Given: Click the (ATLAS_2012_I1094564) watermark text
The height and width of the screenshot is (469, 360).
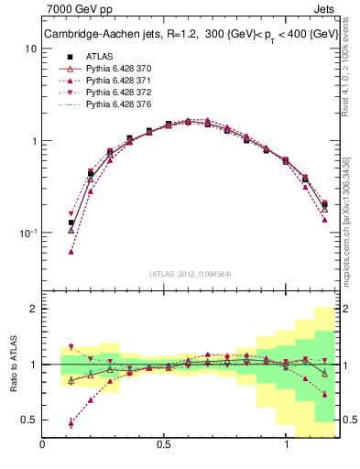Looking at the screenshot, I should [x=191, y=273].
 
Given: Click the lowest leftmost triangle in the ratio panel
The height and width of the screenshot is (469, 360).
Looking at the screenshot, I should [x=71, y=423].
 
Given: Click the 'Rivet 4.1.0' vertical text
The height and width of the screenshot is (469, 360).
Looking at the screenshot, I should [x=353, y=73].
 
